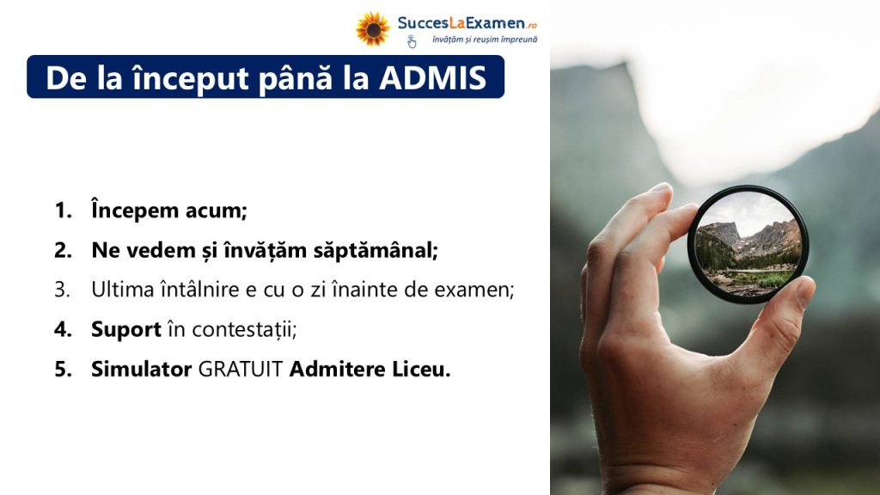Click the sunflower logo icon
click(373, 28)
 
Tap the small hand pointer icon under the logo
click(412, 41)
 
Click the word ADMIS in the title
click(433, 77)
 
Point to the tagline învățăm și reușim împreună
click(485, 40)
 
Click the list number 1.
click(63, 211)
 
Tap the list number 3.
click(62, 290)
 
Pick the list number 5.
click(63, 370)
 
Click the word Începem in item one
click(135, 211)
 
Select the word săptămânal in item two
click(376, 250)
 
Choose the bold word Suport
click(126, 329)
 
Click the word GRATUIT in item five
click(241, 370)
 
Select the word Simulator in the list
click(142, 370)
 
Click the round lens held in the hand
click(748, 244)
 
